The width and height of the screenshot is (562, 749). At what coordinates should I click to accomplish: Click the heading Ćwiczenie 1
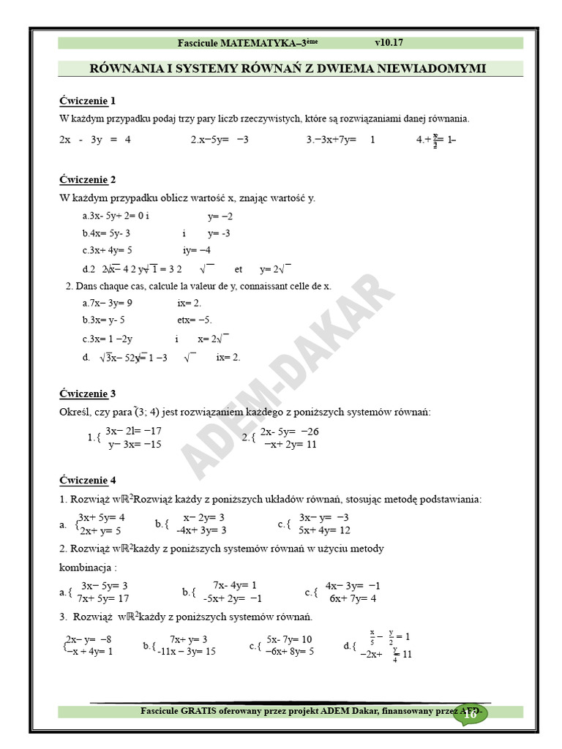pos(87,100)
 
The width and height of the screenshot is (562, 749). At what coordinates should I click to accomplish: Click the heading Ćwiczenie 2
pos(87,179)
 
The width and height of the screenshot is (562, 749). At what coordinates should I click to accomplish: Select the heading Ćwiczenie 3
pos(87,393)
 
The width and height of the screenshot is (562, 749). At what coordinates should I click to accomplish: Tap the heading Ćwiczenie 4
pos(87,480)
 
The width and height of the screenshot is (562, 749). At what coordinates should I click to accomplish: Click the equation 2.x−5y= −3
pos(220,139)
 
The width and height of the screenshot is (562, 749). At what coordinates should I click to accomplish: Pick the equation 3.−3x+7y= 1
pos(340,139)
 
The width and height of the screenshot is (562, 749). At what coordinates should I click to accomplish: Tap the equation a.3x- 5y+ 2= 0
pos(113,216)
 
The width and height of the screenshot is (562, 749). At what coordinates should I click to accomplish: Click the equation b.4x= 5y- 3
pos(106,233)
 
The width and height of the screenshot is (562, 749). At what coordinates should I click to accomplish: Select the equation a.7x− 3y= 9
pos(108,302)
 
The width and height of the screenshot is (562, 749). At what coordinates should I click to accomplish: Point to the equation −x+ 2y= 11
pos(290,444)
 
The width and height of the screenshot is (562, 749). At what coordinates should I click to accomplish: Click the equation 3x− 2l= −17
pos(133,431)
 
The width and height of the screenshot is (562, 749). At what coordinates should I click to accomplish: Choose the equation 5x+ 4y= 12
pos(324,530)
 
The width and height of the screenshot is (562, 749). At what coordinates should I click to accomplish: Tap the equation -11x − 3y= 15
pos(186,651)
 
